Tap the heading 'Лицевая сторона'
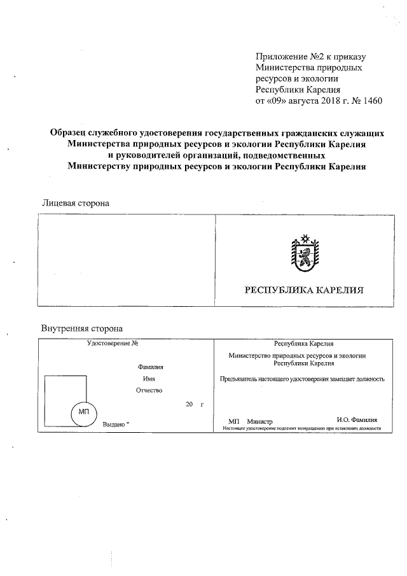[76, 203]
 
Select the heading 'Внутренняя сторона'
[82, 328]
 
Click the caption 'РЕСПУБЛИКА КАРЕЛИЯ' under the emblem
[304, 290]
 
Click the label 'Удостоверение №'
[113, 344]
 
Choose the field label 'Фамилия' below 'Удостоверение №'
[150, 367]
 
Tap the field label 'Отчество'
[150, 390]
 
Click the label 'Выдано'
[113, 424]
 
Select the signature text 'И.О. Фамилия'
[357, 420]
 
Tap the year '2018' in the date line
[324, 101]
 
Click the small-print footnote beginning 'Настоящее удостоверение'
[301, 429]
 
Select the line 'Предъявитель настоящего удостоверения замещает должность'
[302, 379]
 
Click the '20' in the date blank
[189, 404]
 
